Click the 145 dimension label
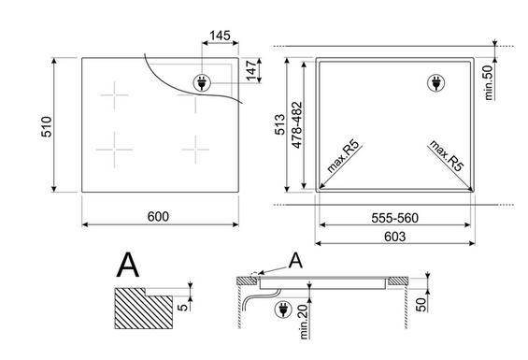pos(220,36)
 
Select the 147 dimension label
pos(251,71)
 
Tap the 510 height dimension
pos(47,127)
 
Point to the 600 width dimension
pos(158,216)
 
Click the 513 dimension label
pos(279,124)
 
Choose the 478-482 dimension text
pos(297,124)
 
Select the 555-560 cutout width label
pos(394,218)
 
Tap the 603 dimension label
pos(394,237)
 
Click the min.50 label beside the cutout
pos(489,82)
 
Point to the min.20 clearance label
pos(304,322)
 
